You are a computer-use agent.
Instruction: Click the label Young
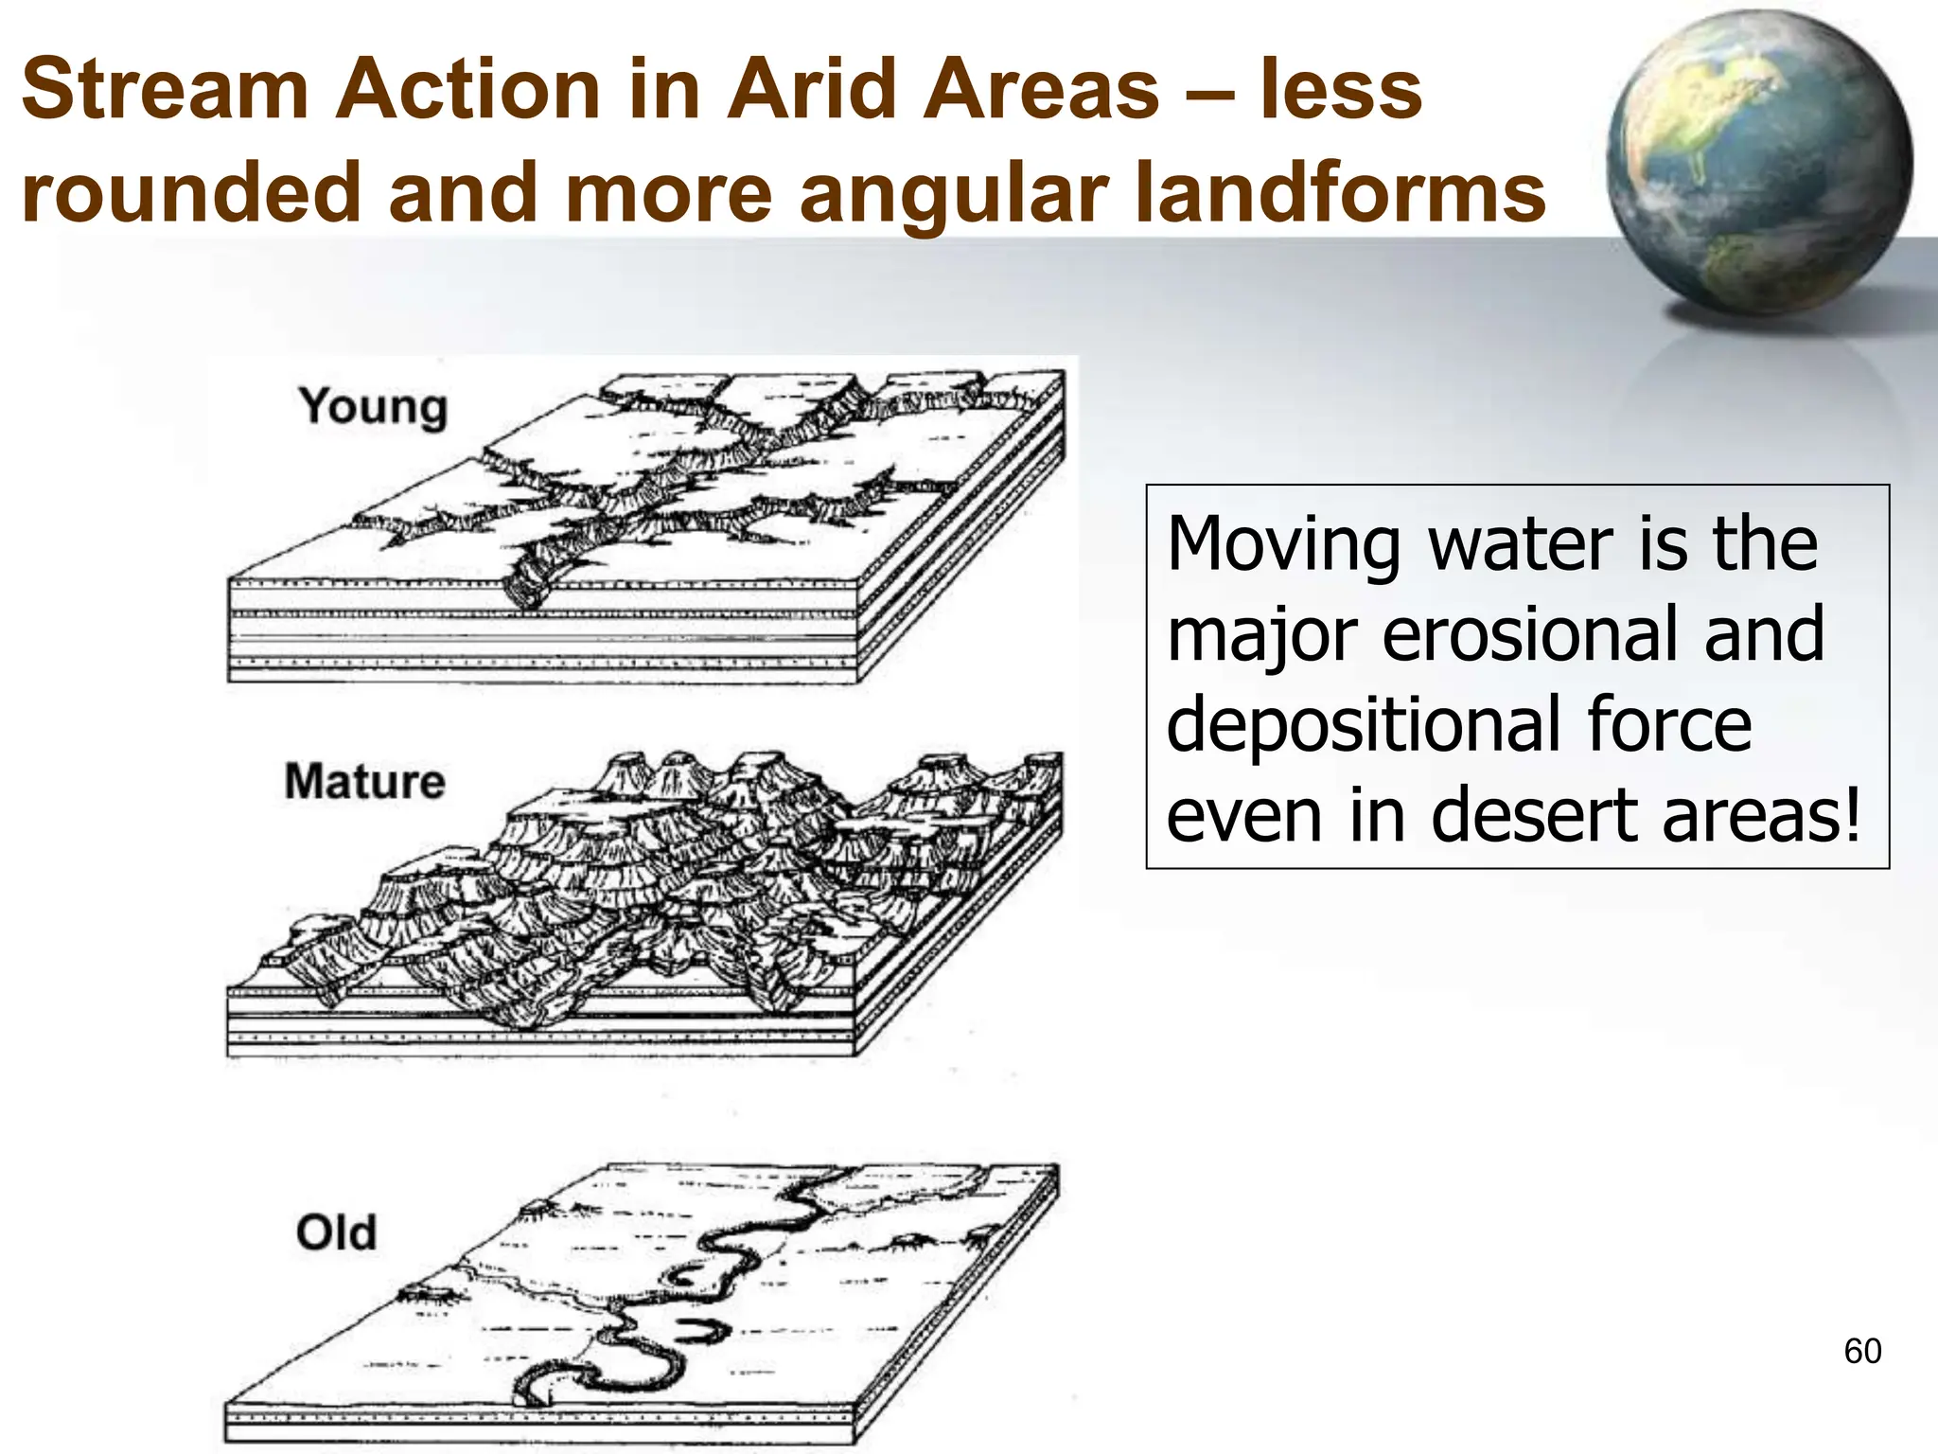point(373,408)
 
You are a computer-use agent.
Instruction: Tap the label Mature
point(364,782)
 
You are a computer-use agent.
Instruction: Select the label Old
point(336,1233)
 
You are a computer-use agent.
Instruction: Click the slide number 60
point(1861,1351)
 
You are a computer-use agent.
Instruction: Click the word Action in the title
point(467,90)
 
